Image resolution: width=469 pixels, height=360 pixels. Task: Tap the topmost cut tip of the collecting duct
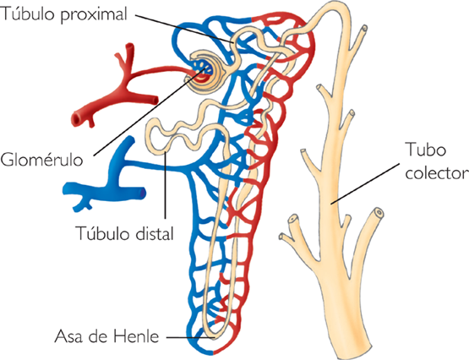pos(363,30)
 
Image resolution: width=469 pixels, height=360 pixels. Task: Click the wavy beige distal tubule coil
pos(182,135)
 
